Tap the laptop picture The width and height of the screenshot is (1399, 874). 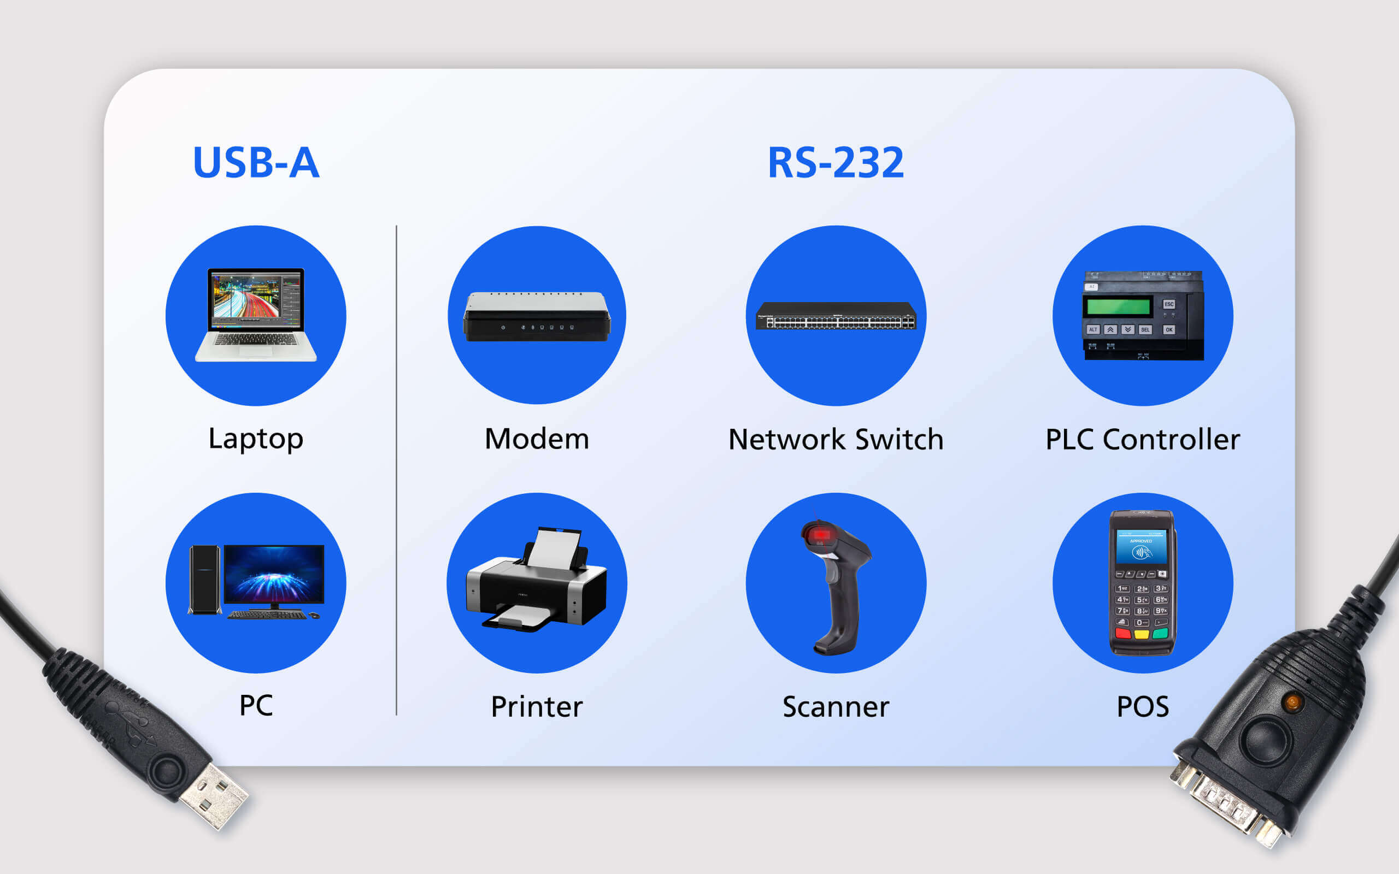coord(256,315)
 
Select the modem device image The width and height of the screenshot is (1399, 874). coord(537,316)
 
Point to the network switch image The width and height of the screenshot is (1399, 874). coord(836,316)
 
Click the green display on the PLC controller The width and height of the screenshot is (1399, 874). coord(1118,306)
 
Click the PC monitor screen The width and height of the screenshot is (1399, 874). coord(274,574)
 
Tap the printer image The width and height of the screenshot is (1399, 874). coord(537,579)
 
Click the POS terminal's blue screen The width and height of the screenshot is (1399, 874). coord(1141,546)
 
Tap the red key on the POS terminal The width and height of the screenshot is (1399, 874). coord(1122,633)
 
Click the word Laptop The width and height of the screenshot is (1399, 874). coord(256,439)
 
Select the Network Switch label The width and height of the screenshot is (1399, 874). coord(836,439)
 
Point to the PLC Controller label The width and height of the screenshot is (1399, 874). coord(1143,439)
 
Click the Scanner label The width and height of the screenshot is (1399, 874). coord(836,707)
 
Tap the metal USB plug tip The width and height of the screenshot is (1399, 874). coord(214,796)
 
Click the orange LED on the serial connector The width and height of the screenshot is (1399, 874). coord(1292,702)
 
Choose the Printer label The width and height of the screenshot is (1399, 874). coord(537,707)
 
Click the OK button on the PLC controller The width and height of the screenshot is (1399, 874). coord(1169,329)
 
